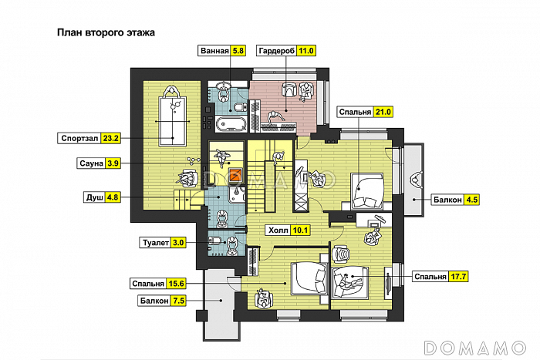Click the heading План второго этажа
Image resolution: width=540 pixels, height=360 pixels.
tap(106, 32)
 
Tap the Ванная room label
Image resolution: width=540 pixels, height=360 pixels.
tap(215, 51)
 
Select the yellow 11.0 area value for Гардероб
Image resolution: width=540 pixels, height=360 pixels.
tap(305, 51)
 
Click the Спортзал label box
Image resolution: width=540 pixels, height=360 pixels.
tap(89, 138)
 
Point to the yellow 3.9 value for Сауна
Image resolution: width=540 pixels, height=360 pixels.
tap(113, 163)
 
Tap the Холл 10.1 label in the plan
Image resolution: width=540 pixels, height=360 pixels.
tap(288, 230)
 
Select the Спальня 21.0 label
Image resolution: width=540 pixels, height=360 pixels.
tap(365, 112)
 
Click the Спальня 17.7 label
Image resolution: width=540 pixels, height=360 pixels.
tap(440, 277)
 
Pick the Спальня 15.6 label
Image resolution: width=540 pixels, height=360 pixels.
tap(158, 284)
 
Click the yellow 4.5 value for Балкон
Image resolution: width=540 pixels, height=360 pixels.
tap(471, 200)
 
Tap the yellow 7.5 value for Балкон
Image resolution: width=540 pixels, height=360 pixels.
tap(178, 301)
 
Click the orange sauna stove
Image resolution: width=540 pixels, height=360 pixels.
tap(236, 175)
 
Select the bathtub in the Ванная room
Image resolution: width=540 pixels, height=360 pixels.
tap(231, 123)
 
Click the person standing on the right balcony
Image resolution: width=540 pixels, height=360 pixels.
tap(416, 180)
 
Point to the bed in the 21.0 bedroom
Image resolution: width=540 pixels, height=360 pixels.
tap(367, 191)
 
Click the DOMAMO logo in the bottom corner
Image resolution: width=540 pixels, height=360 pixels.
tap(475, 348)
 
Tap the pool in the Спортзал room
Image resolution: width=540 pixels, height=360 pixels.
tap(173, 121)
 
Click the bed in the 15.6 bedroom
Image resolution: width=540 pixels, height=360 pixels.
tap(309, 278)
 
